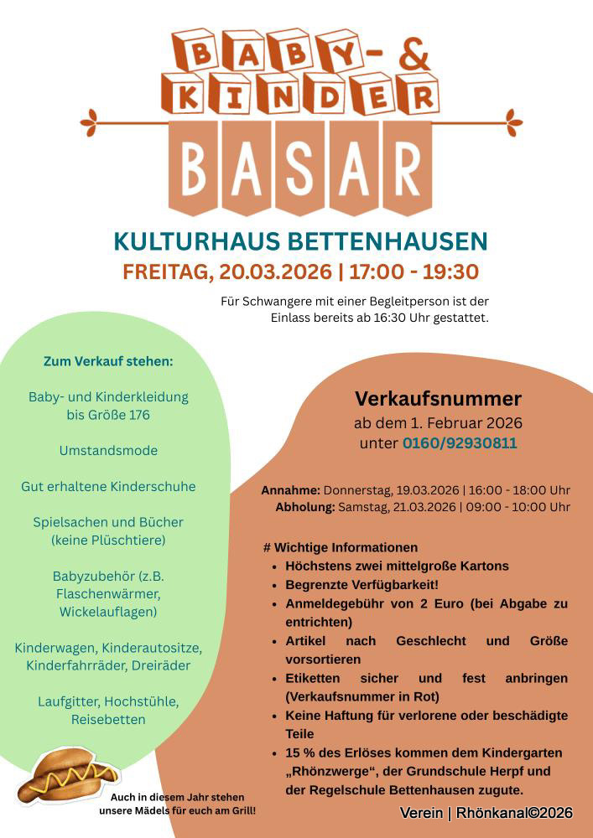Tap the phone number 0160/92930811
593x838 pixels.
pos(460,443)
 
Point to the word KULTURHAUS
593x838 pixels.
pos(197,241)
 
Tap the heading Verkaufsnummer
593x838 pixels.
pos(438,398)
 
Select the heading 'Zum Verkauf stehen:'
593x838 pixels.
pos(108,361)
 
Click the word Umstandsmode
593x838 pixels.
pos(108,450)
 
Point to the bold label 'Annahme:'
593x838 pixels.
pos(290,490)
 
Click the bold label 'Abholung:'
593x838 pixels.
pos(305,507)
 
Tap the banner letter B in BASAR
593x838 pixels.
pos(193,167)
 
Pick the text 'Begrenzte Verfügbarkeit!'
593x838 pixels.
pos(362,584)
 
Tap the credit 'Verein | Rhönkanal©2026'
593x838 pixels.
pos(486,813)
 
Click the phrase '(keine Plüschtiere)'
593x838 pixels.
pos(108,540)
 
